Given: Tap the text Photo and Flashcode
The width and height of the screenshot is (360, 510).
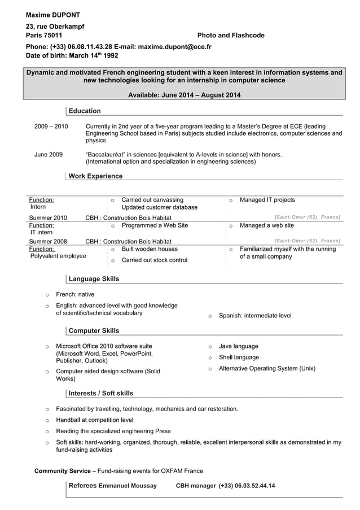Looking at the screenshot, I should [230, 36].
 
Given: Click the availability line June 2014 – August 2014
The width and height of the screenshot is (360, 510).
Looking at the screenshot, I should [184, 95].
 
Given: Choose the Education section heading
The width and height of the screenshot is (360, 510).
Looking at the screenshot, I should [85, 111].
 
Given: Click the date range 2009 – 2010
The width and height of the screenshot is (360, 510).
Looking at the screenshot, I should [51, 127].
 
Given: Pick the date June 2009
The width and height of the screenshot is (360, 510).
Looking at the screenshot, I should [49, 154].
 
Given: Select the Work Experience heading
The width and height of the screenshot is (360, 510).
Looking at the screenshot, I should [95, 176].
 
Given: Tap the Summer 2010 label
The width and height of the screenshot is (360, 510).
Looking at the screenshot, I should [48, 218].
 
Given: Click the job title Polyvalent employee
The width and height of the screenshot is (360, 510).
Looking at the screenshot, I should [58, 256].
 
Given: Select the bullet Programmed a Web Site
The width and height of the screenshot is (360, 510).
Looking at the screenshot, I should [155, 225].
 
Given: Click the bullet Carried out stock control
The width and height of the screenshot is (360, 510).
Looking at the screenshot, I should [154, 260].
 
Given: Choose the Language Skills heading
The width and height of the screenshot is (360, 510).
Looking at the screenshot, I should [94, 279].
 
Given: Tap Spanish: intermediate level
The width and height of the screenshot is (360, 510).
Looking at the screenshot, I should [255, 316].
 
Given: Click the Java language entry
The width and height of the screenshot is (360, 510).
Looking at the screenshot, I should [238, 346].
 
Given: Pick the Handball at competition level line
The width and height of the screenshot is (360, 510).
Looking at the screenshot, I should [94, 420].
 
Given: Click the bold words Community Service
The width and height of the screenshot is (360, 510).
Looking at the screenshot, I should [62, 471].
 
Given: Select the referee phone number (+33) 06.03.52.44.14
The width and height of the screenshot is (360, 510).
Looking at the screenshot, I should [247, 486].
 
